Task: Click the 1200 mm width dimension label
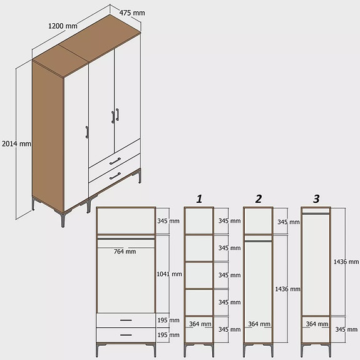63,26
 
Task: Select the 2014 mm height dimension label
16,143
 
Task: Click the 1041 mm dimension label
169,274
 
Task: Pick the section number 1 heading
199,199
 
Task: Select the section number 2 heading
258,199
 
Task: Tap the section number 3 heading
316,199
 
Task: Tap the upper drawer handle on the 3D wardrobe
115,161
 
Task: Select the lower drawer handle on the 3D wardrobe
115,176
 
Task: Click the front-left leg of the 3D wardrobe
63,220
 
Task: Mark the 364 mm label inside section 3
317,324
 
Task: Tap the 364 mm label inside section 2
259,324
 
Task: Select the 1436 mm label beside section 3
346,262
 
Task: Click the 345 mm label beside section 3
346,329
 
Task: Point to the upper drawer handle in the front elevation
125,321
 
